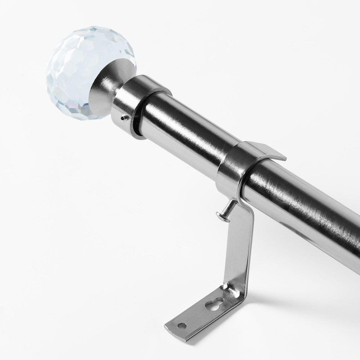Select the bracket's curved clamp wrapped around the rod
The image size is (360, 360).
click(x=234, y=171)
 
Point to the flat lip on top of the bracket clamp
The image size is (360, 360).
click(x=265, y=151)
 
